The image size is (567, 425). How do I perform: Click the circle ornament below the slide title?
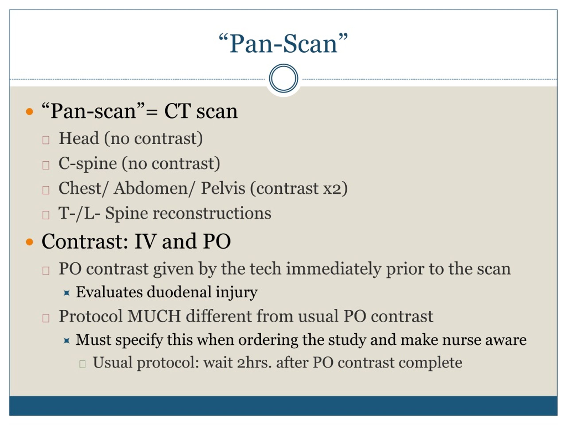pos(283,78)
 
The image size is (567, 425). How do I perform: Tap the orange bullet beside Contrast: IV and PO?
pos(30,242)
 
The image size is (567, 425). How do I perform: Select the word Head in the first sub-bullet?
pos(79,138)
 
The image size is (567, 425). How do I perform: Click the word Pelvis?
pos(223,189)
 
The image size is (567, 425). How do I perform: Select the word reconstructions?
pos(212,213)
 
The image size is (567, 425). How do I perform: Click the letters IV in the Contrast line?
pos(145,241)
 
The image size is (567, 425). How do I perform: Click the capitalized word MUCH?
pos(154,316)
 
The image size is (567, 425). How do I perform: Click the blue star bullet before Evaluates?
pos(67,293)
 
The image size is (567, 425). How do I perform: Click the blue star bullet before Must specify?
pos(67,340)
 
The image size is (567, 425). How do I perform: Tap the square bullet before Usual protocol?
pos(82,364)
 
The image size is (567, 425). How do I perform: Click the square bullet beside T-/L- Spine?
pos(46,215)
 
